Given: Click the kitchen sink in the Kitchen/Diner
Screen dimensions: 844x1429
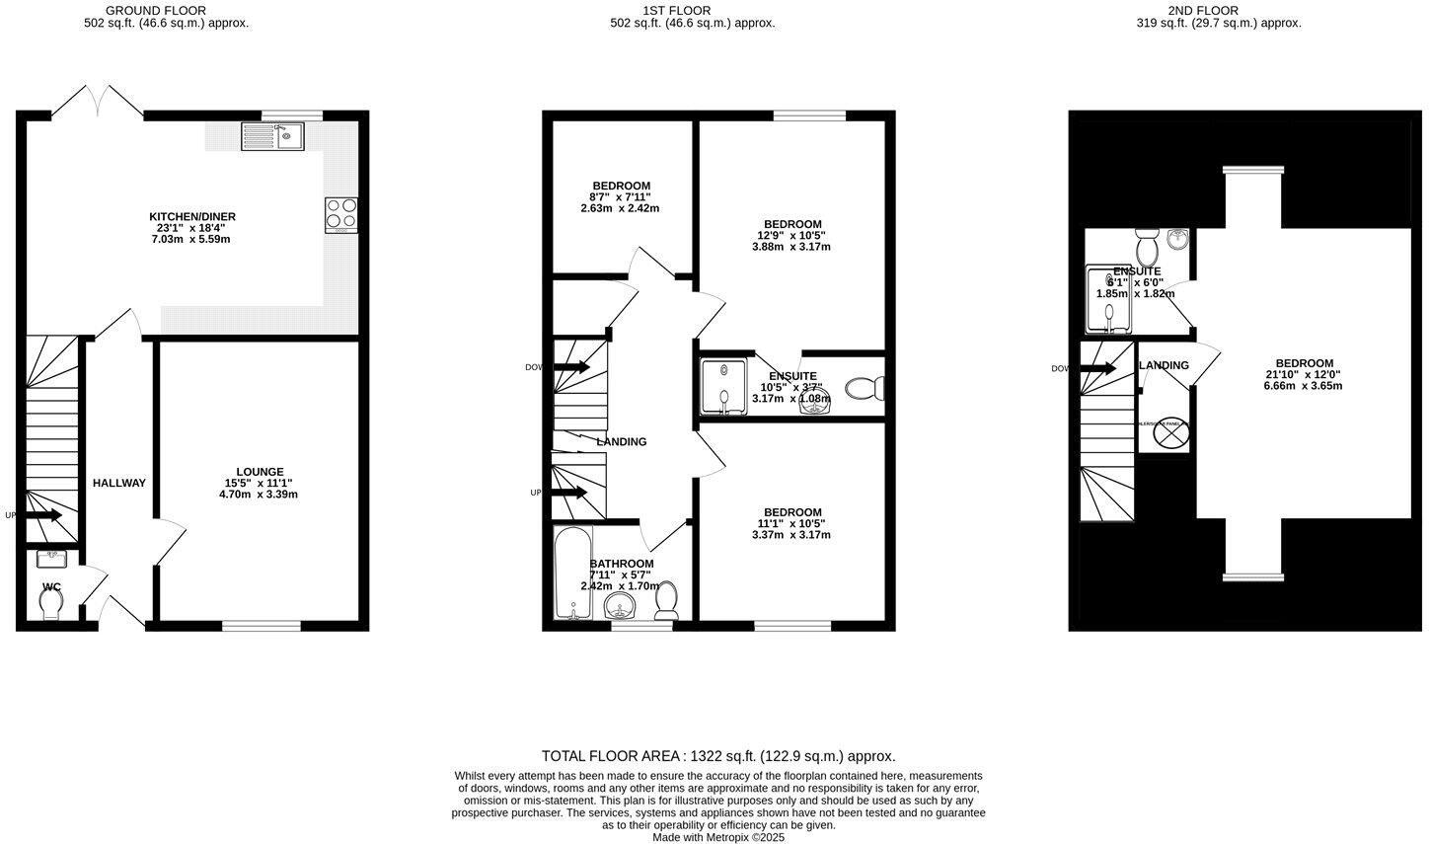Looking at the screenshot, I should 273,136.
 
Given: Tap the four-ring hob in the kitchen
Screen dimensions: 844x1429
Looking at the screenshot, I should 341,215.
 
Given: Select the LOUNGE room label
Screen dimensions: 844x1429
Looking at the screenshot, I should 260,472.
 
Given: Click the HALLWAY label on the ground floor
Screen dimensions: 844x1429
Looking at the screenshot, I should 119,483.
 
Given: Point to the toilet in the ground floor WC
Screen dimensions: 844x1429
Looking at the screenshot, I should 51,601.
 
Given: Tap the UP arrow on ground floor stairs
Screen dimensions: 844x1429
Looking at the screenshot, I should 42,515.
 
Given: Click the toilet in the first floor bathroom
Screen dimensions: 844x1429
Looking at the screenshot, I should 667,600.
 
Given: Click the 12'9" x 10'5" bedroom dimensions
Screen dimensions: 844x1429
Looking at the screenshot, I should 790,236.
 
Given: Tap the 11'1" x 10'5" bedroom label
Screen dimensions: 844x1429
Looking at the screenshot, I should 790,523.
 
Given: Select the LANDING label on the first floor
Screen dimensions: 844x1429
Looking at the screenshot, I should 622,442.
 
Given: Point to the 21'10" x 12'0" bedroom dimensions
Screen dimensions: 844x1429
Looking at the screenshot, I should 1304,375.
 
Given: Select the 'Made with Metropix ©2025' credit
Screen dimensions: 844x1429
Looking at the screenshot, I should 718,837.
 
